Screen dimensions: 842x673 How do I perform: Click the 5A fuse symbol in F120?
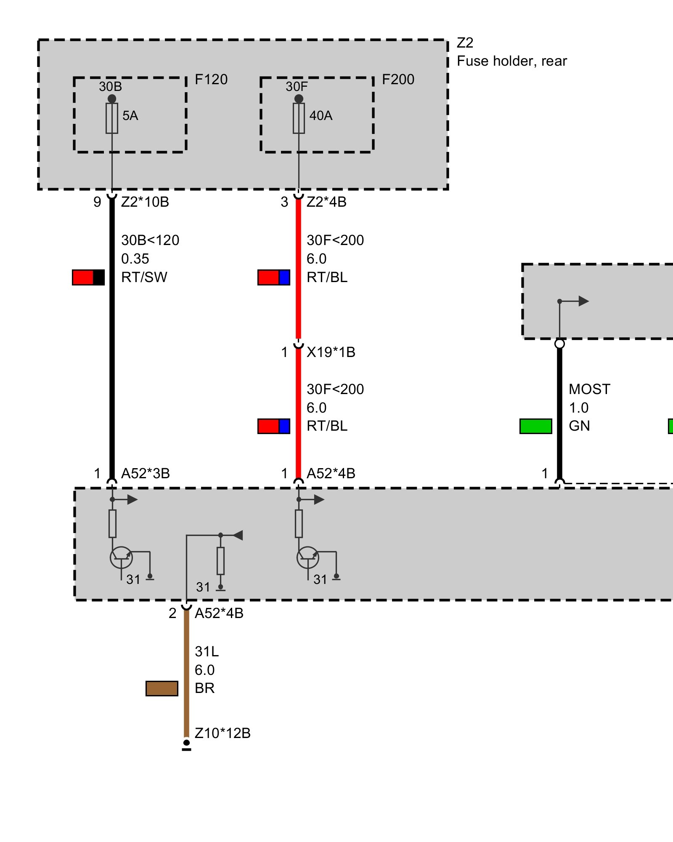(112, 118)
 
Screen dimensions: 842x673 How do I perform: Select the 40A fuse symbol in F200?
(299, 118)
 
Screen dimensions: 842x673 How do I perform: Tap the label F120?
(211, 80)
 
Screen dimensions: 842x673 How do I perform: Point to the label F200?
(398, 80)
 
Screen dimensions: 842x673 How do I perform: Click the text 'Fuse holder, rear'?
(511, 61)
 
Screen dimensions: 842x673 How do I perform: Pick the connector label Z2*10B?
(145, 202)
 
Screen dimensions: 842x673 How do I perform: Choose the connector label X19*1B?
(331, 352)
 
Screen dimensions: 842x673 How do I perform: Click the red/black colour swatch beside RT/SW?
(88, 277)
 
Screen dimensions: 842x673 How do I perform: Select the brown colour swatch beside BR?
(162, 688)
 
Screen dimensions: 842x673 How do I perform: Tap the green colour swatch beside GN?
(536, 426)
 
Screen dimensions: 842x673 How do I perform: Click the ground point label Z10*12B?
(223, 733)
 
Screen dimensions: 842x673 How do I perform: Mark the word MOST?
(589, 389)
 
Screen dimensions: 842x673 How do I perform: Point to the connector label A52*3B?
(146, 474)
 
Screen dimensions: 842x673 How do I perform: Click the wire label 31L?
(207, 652)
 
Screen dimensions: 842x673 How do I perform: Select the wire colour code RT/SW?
(144, 277)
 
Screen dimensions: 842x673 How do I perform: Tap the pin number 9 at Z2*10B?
(97, 202)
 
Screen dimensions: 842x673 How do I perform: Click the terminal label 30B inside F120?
(110, 87)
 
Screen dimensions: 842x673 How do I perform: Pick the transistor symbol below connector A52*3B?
(121, 558)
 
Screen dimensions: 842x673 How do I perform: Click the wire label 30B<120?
(150, 240)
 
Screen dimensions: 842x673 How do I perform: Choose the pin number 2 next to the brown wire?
(172, 613)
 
